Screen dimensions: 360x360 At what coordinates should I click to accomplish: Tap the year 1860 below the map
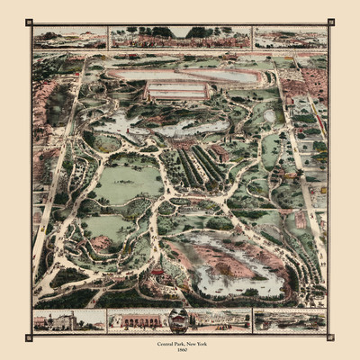click(x=180, y=352)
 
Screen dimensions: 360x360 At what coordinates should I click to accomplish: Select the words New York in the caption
click(x=199, y=346)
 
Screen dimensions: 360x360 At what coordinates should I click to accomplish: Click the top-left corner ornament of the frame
click(x=29, y=22)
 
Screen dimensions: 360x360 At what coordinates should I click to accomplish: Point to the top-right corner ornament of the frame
click(x=330, y=22)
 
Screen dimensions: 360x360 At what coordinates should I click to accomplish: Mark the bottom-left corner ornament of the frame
click(x=29, y=337)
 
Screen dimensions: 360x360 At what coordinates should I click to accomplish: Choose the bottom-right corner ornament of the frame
click(x=330, y=337)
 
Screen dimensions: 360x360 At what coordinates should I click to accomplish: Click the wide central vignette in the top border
click(x=179, y=37)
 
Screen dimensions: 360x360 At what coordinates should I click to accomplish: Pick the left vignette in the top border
click(x=69, y=38)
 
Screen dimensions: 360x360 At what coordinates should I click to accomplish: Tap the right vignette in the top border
click(x=290, y=38)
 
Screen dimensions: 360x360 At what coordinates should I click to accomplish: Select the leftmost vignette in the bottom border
click(x=68, y=320)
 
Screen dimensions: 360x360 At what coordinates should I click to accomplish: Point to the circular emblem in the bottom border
click(x=178, y=320)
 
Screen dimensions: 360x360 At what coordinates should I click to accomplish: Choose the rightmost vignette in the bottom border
click(x=290, y=320)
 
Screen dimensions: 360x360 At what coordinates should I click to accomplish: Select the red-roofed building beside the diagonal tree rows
click(x=219, y=151)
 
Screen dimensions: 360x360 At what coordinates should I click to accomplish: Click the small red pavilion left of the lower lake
click(x=158, y=270)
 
